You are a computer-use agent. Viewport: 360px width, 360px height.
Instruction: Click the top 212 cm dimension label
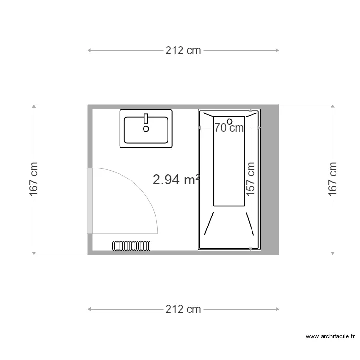coord(183,50)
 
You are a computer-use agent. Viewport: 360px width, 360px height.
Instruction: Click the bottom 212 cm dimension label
coord(183,309)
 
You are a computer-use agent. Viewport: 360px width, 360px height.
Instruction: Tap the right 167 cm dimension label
coord(333,179)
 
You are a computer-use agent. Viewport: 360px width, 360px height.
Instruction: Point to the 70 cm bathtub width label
coord(229,128)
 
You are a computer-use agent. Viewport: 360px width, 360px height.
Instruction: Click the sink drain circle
coord(146,129)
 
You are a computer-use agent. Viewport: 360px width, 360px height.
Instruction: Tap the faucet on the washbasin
coord(146,118)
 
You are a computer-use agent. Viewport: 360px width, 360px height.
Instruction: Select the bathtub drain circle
coord(229,121)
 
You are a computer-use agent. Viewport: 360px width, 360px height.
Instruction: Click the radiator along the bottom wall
coord(132,246)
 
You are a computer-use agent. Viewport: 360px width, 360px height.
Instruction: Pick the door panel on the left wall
coord(89,201)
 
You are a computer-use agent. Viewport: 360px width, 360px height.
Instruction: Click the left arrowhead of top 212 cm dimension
coord(90,50)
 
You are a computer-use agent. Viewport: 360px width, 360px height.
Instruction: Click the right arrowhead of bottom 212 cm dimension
coord(277,309)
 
